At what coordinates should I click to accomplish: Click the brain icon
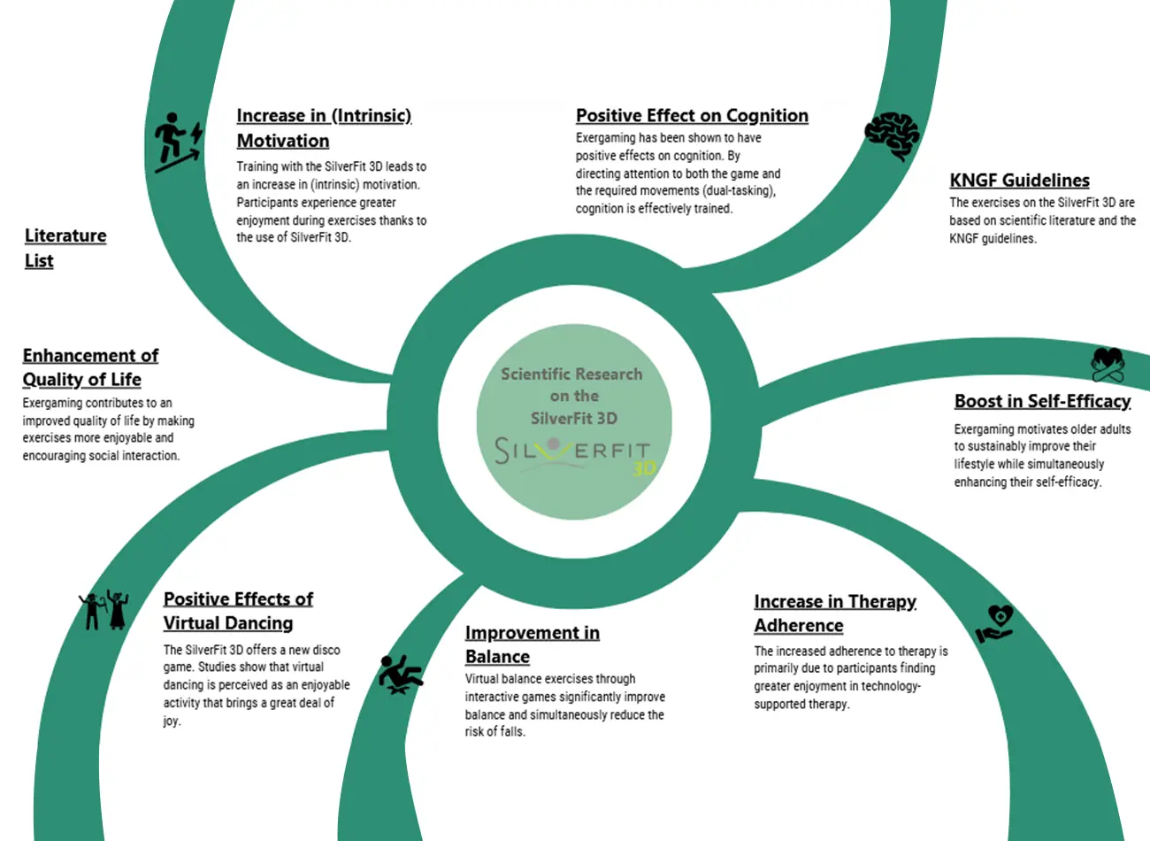click(x=893, y=136)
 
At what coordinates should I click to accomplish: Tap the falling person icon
click(x=401, y=675)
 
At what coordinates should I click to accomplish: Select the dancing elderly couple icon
click(x=104, y=610)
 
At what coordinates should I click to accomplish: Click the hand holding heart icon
click(x=994, y=624)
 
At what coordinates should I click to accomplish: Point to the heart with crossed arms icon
click(x=1108, y=366)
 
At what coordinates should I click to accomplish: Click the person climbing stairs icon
click(x=179, y=143)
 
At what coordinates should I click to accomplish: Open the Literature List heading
click(x=65, y=248)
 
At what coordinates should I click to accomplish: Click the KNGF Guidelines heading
click(x=1020, y=181)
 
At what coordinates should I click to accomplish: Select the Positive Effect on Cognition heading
click(x=692, y=116)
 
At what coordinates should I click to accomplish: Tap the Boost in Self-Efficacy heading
click(x=1042, y=401)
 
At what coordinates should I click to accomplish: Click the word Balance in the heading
click(x=497, y=657)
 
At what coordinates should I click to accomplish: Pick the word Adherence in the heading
click(x=799, y=625)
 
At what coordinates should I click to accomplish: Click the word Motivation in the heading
click(x=283, y=141)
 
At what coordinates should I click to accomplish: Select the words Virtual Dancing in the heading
click(x=228, y=623)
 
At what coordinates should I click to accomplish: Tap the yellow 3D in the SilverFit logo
click(x=644, y=468)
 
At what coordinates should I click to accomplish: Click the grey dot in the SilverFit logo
click(x=554, y=444)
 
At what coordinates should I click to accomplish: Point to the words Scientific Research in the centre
click(x=571, y=374)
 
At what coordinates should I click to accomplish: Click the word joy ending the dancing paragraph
click(x=172, y=721)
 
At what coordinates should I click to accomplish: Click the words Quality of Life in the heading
click(x=81, y=380)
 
